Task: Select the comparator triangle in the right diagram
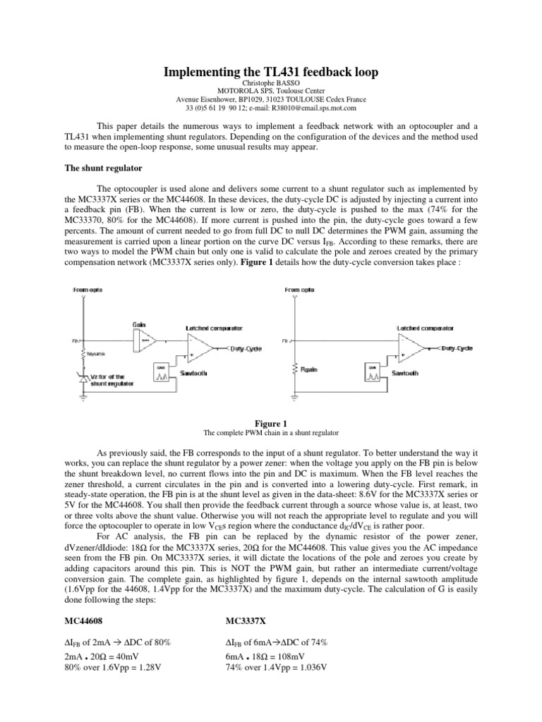click(423, 349)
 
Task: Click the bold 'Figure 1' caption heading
click(270, 422)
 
